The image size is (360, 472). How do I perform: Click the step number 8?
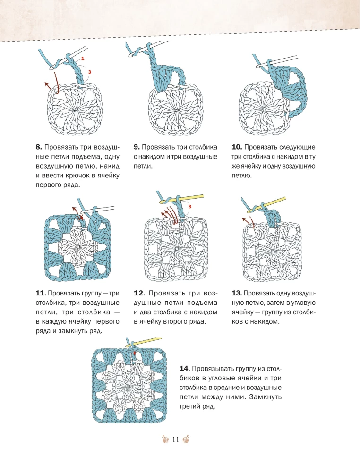coord(39,147)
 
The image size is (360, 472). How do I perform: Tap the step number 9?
coord(137,147)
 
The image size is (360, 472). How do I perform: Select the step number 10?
coord(237,147)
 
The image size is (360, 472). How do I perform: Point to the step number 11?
coord(41,293)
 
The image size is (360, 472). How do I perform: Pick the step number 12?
coord(139,293)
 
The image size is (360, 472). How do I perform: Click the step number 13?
coord(237,293)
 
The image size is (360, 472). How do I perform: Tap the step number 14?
coord(185,369)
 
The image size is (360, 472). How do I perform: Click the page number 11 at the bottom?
coord(175,439)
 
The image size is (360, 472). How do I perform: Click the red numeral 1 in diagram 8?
coord(83,58)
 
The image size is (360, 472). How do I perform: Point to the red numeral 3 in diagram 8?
coord(89,72)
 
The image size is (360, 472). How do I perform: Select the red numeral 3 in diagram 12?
coord(190,207)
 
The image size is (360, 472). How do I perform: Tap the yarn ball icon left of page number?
coord(165,439)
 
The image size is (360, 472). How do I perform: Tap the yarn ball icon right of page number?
coord(186,439)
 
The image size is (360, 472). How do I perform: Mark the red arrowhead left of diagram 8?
coord(47,84)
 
